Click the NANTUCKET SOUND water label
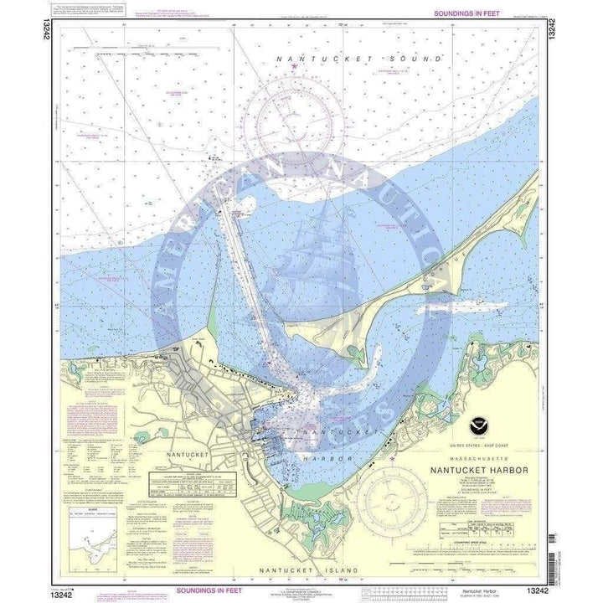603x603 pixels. tap(359, 59)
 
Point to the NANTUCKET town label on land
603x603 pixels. tap(186, 453)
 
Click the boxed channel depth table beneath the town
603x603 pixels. tap(200, 480)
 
